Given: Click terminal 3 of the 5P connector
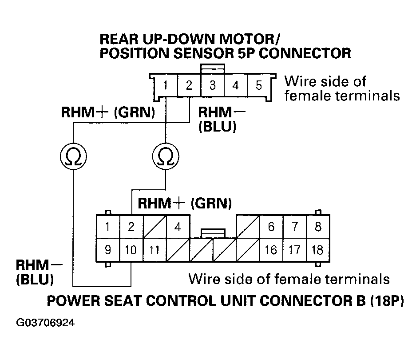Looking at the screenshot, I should pyautogui.click(x=213, y=84).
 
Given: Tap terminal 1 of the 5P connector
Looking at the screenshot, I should pyautogui.click(x=165, y=84).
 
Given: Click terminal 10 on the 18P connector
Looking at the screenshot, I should pyautogui.click(x=131, y=250).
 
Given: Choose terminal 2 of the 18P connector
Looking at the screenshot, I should pyautogui.click(x=131, y=227).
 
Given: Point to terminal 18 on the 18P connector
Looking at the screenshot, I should pyautogui.click(x=318, y=250).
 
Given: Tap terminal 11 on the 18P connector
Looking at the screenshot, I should pyautogui.click(x=154, y=250).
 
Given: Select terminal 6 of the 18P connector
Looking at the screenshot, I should pyautogui.click(x=271, y=227).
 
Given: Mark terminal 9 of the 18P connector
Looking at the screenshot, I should pyautogui.click(x=108, y=250).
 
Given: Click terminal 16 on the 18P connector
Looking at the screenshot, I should pyautogui.click(x=271, y=250).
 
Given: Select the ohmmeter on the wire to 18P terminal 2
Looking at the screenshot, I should pyautogui.click(x=166, y=156).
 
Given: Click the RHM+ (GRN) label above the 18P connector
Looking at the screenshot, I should pyautogui.click(x=185, y=204).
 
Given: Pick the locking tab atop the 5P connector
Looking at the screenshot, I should pyautogui.click(x=213, y=68).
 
